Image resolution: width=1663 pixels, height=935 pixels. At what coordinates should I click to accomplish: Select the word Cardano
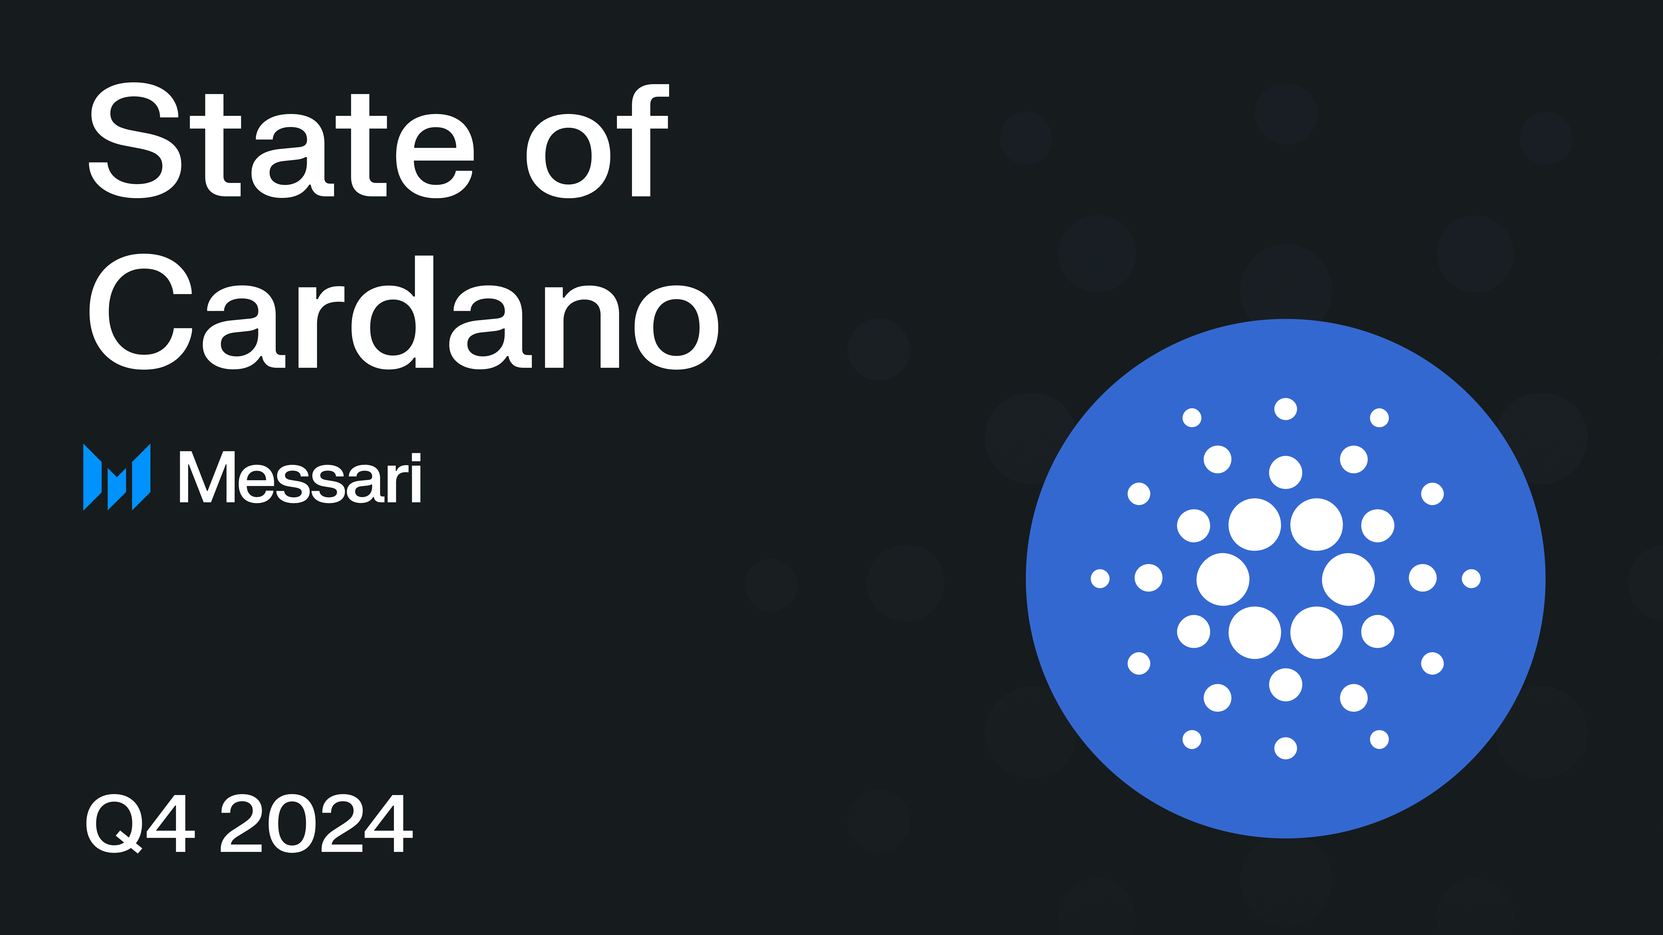pos(404,313)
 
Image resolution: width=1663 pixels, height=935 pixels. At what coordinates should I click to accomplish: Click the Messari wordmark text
pos(300,478)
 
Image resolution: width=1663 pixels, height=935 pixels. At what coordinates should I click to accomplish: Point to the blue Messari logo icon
pos(117,478)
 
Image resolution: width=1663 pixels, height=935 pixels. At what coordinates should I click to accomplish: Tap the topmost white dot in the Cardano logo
pos(1285,409)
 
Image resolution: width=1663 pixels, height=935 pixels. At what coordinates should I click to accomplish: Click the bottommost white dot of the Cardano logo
pos(1285,749)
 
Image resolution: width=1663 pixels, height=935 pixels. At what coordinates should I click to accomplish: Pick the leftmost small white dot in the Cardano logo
pos(1100,579)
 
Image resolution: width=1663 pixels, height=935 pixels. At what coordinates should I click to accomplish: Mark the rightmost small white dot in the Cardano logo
pos(1471,579)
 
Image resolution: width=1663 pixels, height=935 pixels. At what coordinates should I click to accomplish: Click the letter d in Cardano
pos(393,313)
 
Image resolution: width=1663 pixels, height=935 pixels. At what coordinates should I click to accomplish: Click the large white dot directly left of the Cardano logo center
pos(1223,579)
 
